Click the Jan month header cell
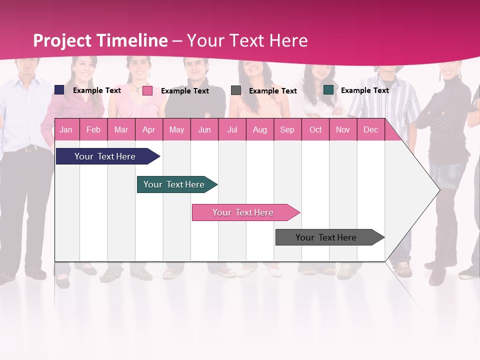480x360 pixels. [66, 130]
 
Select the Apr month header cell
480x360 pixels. [149, 130]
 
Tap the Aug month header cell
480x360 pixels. [260, 130]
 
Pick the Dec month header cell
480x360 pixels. [370, 130]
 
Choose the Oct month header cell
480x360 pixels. [315, 130]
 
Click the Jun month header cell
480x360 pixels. [204, 130]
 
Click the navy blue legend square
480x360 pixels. [59, 90]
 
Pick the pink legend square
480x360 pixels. [147, 90]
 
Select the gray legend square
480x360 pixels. [236, 90]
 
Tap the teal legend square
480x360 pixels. [328, 90]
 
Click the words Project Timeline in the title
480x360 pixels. [100, 40]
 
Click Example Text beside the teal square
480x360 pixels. [364, 90]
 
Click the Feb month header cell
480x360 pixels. [93, 130]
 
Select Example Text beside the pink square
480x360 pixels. [184, 91]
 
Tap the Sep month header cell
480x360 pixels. [287, 130]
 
